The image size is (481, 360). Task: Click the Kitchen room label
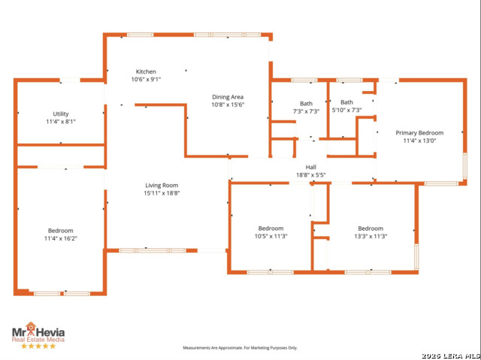(x=146, y=71)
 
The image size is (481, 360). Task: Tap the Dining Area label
(x=228, y=97)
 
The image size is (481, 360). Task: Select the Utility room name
(x=60, y=113)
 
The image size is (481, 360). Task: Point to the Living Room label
(x=162, y=185)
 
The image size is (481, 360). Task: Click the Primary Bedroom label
(x=419, y=132)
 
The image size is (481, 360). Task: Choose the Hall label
(x=310, y=167)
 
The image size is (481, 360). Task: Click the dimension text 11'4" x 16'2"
(x=61, y=238)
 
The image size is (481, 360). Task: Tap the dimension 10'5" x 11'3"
(x=271, y=236)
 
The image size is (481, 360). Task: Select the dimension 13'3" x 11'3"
(x=370, y=236)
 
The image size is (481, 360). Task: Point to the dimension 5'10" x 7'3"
(x=346, y=110)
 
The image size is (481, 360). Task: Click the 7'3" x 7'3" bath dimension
(x=306, y=111)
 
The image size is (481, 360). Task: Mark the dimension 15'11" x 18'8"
(x=162, y=193)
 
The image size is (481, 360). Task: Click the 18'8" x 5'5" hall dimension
(x=310, y=175)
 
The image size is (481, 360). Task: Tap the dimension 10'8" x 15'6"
(x=228, y=105)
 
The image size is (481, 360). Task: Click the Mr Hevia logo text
(x=38, y=330)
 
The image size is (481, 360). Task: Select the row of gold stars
(x=38, y=346)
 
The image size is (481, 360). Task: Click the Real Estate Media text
(x=38, y=339)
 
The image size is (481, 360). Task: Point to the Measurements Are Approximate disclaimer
(x=240, y=348)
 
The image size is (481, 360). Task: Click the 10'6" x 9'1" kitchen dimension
(x=146, y=79)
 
